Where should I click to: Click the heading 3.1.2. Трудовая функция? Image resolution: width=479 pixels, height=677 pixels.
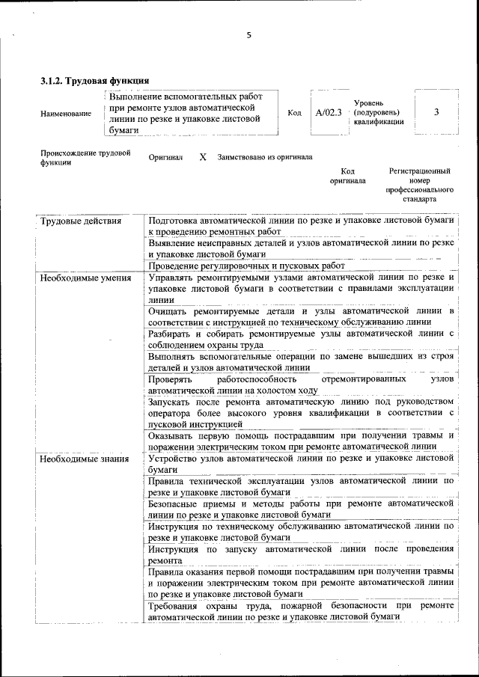[x=95, y=80]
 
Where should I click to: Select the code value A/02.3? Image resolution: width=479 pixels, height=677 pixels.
[x=329, y=113]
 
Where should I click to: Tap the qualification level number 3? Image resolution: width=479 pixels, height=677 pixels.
[x=436, y=112]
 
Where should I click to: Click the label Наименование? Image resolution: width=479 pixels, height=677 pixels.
[x=66, y=114]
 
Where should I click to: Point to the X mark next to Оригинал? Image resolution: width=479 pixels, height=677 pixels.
[x=202, y=158]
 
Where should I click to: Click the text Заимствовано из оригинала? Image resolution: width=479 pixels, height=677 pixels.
[x=264, y=158]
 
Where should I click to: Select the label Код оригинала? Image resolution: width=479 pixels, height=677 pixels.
[x=347, y=176]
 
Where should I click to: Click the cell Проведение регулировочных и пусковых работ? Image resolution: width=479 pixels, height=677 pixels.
[x=246, y=266]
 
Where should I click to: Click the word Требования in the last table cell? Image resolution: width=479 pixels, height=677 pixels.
[x=176, y=605]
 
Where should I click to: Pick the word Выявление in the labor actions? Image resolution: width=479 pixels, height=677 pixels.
[x=174, y=243]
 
